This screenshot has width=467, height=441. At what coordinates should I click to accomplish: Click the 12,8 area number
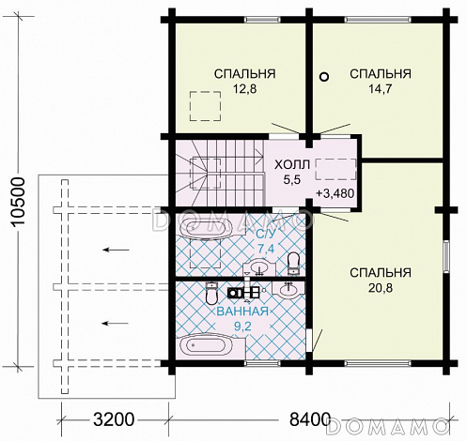point(244,89)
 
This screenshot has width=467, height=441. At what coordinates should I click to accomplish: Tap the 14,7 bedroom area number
point(381,89)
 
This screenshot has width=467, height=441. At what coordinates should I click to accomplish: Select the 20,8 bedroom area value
point(381,288)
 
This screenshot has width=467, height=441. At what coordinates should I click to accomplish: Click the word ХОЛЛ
point(292,164)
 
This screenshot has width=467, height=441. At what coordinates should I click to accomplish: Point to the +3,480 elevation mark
point(335,193)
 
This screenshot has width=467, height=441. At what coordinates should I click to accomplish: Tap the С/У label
point(266,234)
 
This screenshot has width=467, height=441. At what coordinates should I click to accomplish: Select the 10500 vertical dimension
point(18,201)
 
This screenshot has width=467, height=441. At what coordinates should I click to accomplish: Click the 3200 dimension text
point(114,419)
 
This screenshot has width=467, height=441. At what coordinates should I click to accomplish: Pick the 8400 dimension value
point(310,419)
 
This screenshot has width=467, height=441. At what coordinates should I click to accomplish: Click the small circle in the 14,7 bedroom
point(324,77)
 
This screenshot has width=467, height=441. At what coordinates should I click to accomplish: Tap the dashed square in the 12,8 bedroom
point(205,106)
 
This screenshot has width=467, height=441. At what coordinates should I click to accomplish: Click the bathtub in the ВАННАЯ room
point(205,346)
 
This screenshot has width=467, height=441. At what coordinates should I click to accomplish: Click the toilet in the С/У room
point(293,264)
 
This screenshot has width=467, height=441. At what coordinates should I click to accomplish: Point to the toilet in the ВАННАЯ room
point(211,293)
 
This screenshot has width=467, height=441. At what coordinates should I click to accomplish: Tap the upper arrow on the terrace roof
point(116,250)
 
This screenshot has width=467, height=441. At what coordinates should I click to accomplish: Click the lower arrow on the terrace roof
point(116,324)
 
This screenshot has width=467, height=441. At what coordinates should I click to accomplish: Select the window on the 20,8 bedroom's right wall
point(446,256)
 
